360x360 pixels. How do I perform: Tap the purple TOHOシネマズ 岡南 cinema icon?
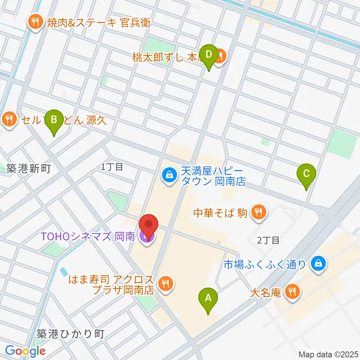[x=146, y=237]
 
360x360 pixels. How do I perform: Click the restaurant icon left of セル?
[x=8, y=120]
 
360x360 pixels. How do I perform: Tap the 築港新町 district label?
[x=28, y=169]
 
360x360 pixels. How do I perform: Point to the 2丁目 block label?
[x=268, y=240]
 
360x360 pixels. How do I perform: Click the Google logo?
[x=25, y=351]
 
